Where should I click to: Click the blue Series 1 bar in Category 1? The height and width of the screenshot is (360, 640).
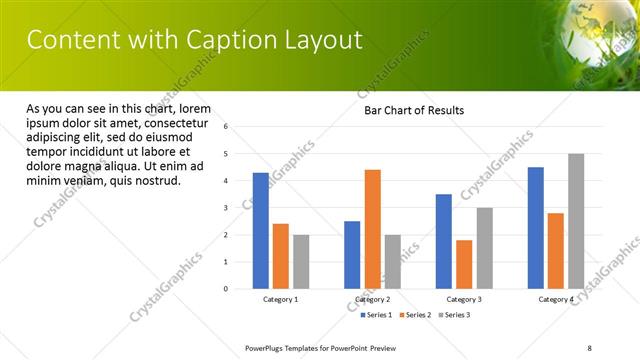click(261, 231)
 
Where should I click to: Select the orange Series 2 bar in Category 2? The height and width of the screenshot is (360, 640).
click(372, 229)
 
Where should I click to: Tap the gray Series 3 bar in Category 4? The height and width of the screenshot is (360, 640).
click(575, 221)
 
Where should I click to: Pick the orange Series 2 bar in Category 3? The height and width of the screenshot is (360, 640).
click(464, 264)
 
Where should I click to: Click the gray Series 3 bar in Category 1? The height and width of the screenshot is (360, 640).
click(301, 262)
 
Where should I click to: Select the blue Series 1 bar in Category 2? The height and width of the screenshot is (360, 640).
click(352, 255)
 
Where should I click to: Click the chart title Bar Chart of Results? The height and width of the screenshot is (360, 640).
click(413, 110)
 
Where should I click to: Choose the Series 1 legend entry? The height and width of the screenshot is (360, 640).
click(376, 315)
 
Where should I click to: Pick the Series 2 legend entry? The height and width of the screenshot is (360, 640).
click(415, 315)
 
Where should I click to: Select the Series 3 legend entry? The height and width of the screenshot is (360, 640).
click(453, 315)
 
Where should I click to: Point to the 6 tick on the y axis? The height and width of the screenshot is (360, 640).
click(226, 127)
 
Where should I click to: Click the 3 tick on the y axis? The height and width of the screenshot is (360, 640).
click(226, 208)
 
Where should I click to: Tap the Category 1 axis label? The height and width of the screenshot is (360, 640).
click(280, 299)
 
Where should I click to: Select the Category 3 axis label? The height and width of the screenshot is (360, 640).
click(463, 299)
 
